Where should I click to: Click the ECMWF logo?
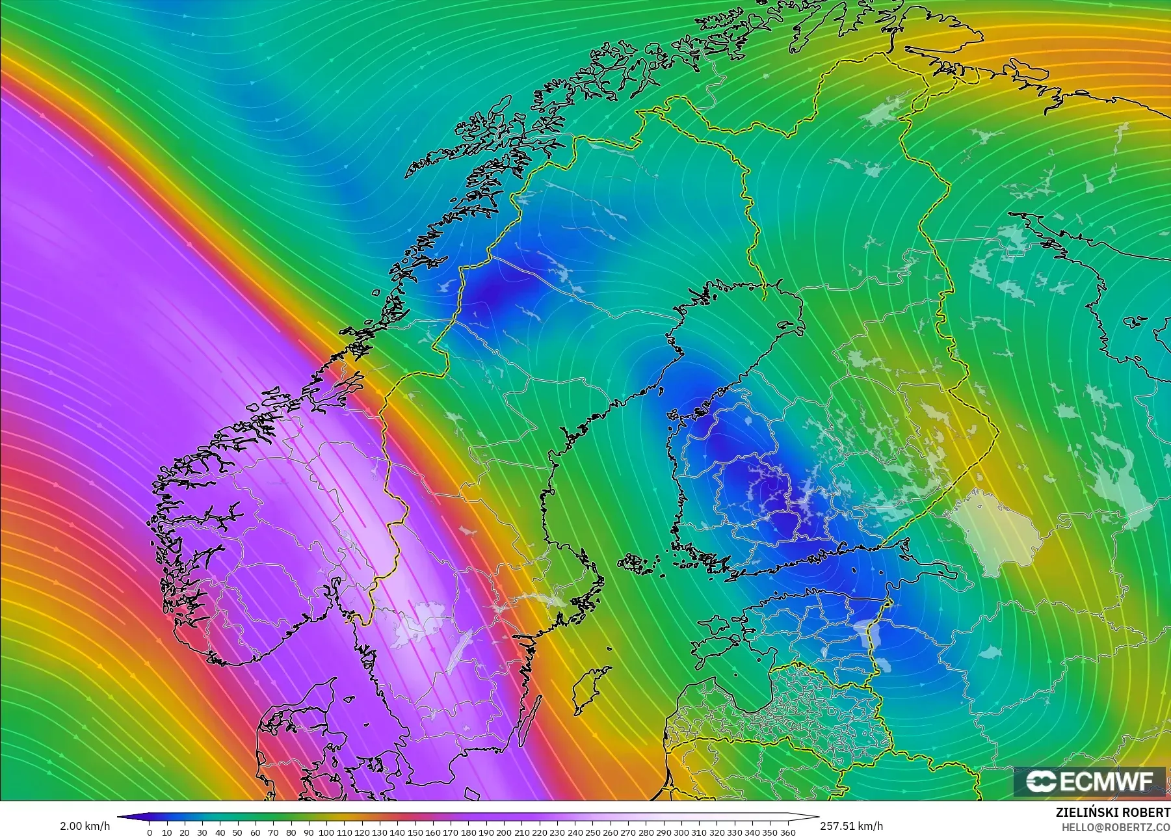[1090, 781]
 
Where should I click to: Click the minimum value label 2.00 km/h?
[85, 826]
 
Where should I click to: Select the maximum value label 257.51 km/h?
[851, 826]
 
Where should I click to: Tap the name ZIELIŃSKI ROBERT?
[1112, 813]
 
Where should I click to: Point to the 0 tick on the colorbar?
[150, 832]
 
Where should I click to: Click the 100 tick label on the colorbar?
[326, 832]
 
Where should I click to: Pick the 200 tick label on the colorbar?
[503, 832]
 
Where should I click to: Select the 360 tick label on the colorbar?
[787, 832]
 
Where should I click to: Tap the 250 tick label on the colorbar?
[592, 832]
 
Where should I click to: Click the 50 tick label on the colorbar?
[238, 832]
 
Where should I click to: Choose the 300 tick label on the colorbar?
[681, 832]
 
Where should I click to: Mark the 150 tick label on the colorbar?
[415, 832]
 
